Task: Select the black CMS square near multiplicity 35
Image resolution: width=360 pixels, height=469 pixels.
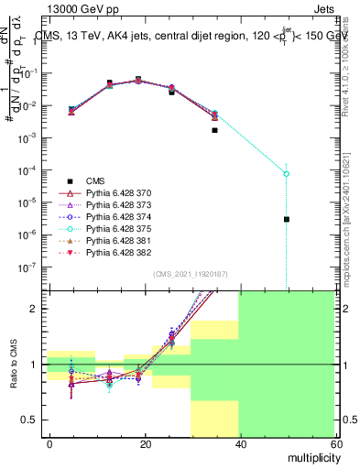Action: (x=214, y=130)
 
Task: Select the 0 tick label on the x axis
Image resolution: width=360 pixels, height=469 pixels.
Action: (x=49, y=442)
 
